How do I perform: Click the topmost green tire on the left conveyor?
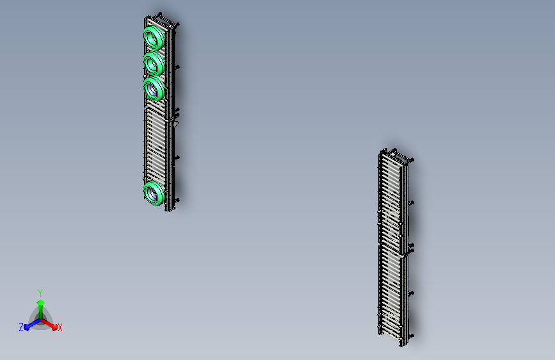tap(154, 37)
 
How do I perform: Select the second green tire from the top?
tap(154, 63)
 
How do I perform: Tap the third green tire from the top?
tap(154, 88)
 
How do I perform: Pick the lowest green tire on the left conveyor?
tap(154, 193)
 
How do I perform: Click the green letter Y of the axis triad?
tap(40, 293)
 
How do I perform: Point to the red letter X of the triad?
tap(60, 327)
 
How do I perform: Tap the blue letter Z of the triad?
tap(21, 327)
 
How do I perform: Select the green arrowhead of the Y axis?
tap(40, 303)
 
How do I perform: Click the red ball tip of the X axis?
tap(54, 327)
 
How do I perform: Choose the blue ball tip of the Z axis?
tap(26, 327)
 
